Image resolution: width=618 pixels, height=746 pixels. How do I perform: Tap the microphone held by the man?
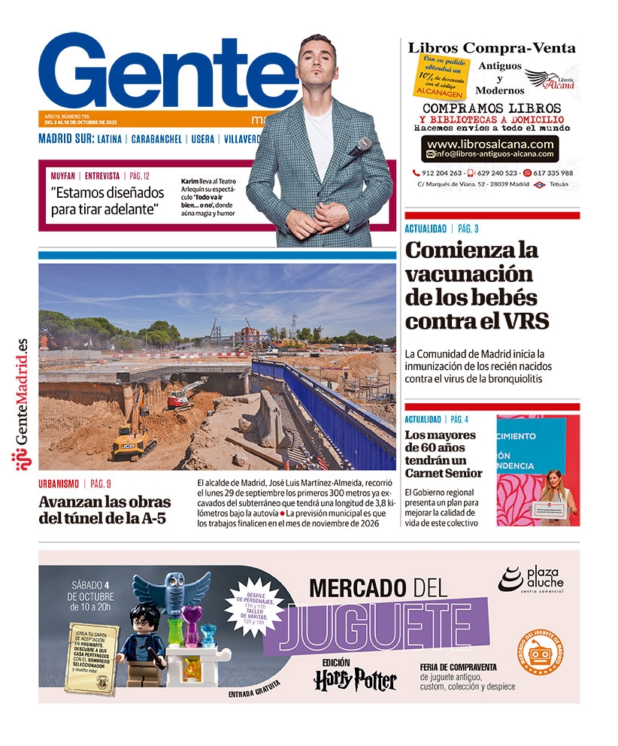pyautogui.click(x=360, y=147)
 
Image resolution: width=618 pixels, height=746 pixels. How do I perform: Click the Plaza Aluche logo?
pyautogui.click(x=531, y=580)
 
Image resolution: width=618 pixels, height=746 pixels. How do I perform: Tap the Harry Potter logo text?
pyautogui.click(x=355, y=679)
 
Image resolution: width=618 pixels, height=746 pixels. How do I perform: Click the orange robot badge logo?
pyautogui.click(x=540, y=653)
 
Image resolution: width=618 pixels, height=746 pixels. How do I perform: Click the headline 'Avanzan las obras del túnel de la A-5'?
pyautogui.click(x=105, y=511)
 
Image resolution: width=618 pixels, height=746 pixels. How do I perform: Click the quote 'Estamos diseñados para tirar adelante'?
pyautogui.click(x=106, y=201)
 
